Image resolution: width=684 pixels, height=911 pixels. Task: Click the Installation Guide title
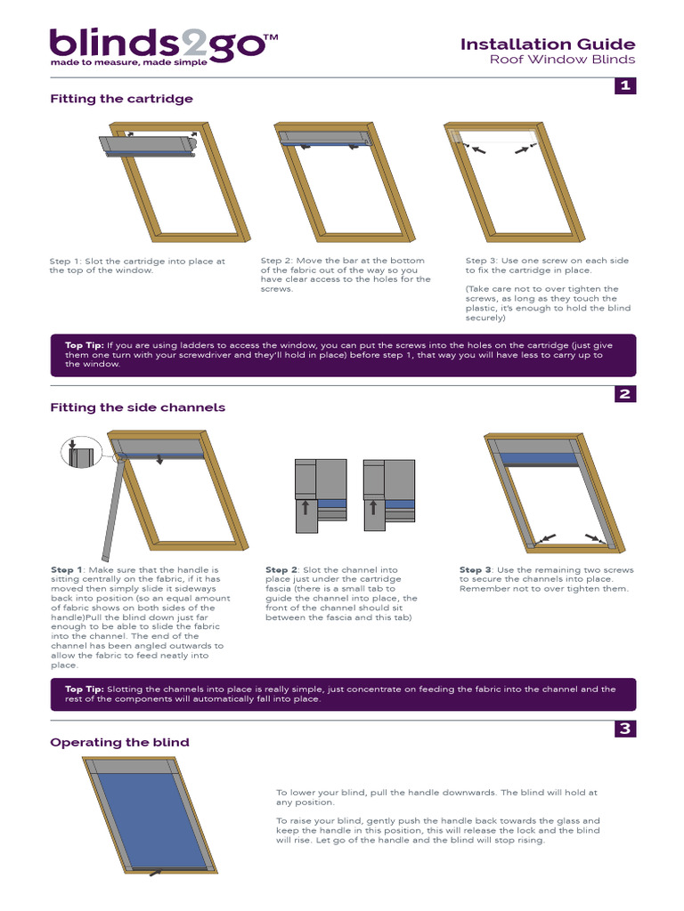(x=547, y=44)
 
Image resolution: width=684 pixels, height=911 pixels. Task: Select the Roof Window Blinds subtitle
(x=562, y=60)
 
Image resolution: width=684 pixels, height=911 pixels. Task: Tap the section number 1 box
(x=625, y=85)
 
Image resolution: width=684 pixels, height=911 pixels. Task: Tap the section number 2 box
(x=625, y=394)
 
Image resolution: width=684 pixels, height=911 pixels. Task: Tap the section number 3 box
(x=625, y=729)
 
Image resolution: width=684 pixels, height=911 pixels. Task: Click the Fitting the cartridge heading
(x=121, y=99)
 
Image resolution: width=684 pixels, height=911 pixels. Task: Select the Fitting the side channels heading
(x=137, y=407)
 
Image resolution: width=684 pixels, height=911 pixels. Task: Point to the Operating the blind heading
(x=119, y=742)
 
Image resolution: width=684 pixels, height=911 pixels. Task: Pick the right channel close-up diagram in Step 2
(x=388, y=496)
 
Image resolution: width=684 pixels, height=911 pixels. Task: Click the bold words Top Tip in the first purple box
(x=85, y=344)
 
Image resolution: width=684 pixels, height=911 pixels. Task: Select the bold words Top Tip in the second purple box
(x=85, y=689)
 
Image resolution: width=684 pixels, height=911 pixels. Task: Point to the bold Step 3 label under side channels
(x=476, y=569)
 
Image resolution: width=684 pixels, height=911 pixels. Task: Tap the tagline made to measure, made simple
(x=128, y=63)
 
